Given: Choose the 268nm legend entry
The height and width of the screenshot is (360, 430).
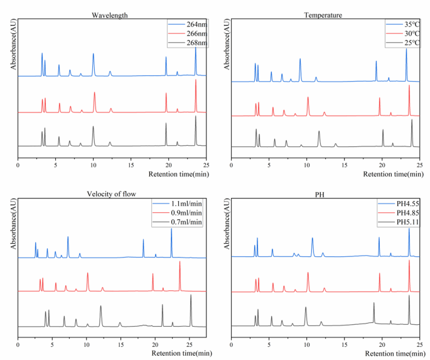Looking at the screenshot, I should [191, 43].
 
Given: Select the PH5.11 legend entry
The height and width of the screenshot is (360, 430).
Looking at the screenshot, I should [400, 222].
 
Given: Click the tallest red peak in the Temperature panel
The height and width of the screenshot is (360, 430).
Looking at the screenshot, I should [409, 86].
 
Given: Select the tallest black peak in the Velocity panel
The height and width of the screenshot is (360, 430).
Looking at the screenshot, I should [191, 296].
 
